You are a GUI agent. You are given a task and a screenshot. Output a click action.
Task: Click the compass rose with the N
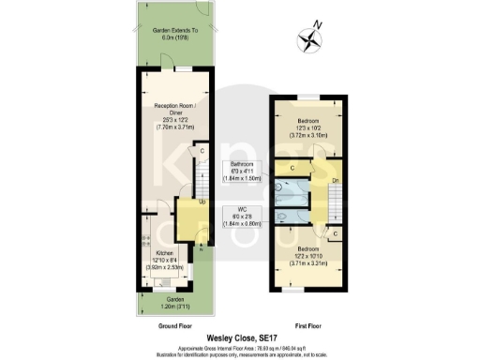tap(310, 38)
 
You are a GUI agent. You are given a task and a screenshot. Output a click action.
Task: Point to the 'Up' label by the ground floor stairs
tap(202, 201)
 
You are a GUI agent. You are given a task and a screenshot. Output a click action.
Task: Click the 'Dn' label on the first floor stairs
tap(335, 180)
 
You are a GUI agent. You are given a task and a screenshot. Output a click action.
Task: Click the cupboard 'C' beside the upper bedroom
tap(292, 169)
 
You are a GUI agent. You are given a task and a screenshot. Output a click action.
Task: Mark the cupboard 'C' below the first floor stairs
tap(335, 232)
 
